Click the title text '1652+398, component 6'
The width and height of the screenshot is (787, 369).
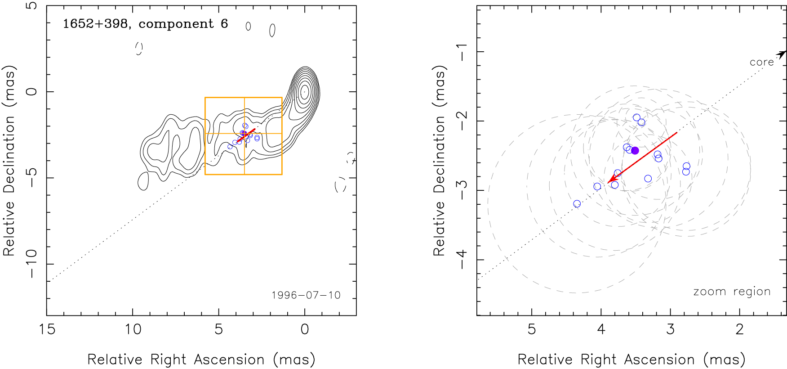(145, 24)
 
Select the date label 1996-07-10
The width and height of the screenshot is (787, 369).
(306, 295)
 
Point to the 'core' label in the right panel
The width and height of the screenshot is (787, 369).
(761, 62)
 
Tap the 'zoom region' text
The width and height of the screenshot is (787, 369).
(732, 292)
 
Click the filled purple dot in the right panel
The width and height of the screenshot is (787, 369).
(635, 150)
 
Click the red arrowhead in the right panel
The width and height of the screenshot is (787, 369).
(610, 181)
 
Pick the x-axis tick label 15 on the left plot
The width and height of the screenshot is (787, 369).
(47, 329)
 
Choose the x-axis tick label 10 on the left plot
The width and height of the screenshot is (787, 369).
(133, 329)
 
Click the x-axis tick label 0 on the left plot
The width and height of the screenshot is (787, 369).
(305, 329)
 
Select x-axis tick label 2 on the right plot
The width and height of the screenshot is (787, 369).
(740, 329)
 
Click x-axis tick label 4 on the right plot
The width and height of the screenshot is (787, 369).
(601, 329)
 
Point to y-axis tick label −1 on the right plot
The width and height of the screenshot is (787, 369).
(462, 52)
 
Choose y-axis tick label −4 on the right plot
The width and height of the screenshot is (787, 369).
(462, 260)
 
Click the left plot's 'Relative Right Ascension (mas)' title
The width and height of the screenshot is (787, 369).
(201, 360)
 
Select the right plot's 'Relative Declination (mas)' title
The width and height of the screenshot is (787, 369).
(439, 161)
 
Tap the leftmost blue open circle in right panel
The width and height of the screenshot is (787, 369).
(577, 204)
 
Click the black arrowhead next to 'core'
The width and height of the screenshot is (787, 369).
(783, 54)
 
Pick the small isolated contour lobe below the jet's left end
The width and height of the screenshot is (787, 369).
(143, 181)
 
